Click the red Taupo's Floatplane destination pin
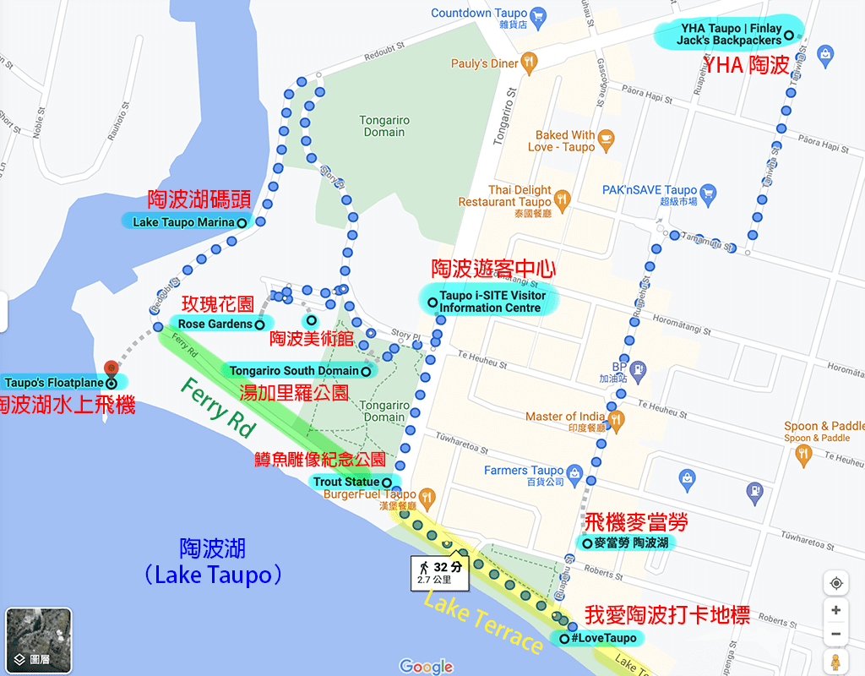(110, 368)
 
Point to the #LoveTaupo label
(601, 638)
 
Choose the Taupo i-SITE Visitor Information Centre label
(491, 302)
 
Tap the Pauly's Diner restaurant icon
(529, 61)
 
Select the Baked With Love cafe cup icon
(606, 138)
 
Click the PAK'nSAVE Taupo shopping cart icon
(708, 194)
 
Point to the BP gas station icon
(638, 368)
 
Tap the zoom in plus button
(835, 610)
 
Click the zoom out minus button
(835, 635)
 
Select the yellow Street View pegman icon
(835, 662)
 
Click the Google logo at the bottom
(426, 666)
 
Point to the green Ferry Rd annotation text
(217, 408)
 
